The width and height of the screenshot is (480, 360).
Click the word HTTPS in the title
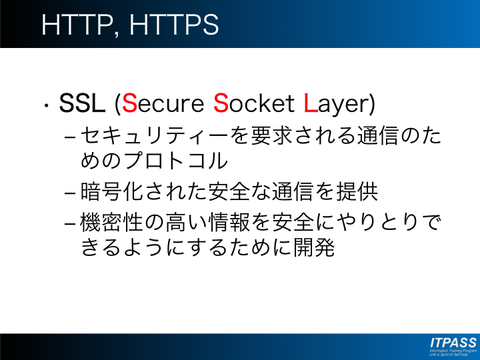174,25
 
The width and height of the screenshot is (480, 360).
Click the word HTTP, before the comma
77,25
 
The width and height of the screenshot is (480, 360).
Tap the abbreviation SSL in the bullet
82,103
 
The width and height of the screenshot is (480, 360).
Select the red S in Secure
129,103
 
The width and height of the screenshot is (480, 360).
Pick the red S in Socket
221,103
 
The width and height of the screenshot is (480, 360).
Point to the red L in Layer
310,103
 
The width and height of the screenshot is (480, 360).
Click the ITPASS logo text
453,343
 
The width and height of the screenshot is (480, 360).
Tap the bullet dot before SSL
46,105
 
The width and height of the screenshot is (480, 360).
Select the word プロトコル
176,161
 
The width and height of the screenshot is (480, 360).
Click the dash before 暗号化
70,193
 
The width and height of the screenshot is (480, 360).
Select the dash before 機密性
70,224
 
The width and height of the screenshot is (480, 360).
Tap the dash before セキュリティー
70,137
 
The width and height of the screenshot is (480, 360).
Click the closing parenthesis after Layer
372,104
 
